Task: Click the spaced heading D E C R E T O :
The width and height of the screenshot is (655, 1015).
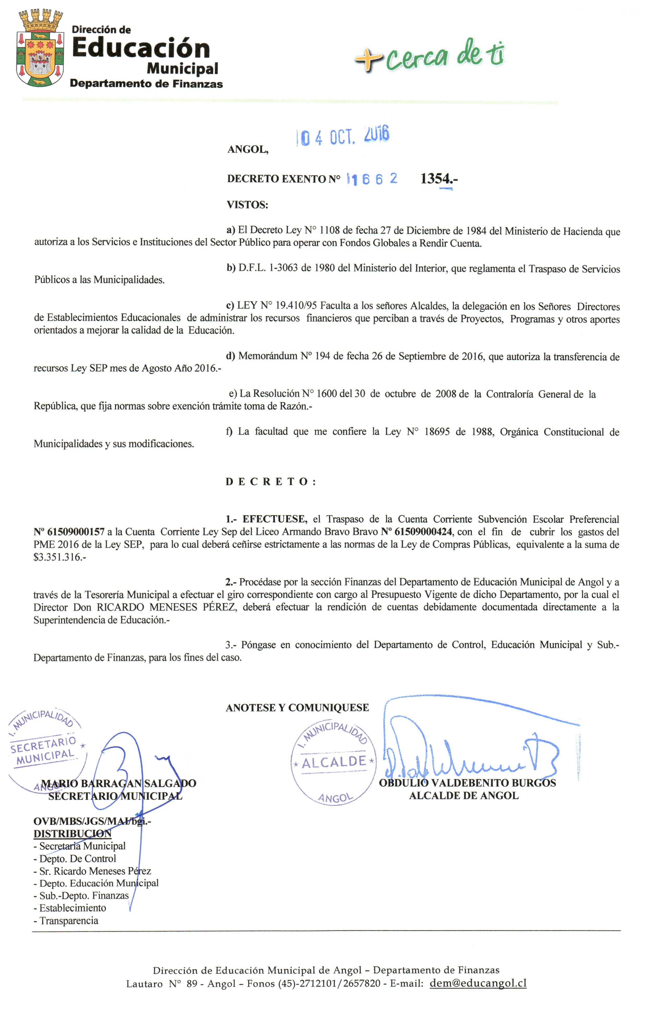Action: pyautogui.click(x=270, y=481)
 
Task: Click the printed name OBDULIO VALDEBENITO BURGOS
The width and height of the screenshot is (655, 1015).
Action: pyautogui.click(x=467, y=783)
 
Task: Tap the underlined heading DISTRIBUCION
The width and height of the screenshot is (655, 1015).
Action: pyautogui.click(x=72, y=833)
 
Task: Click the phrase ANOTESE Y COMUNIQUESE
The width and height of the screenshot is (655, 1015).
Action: pyautogui.click(x=297, y=708)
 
